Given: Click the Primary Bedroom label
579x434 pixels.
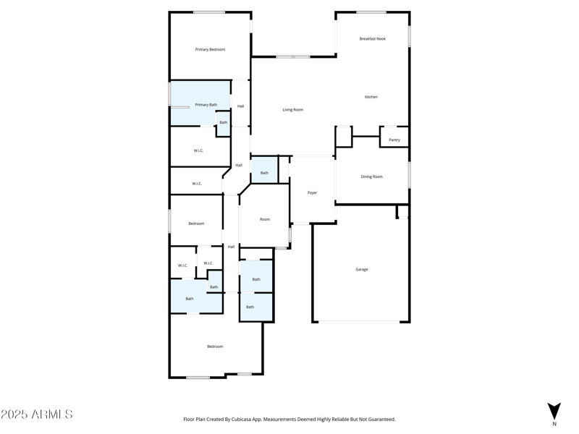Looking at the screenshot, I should (210, 50).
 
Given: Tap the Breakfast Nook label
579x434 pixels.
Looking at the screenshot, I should (372, 39).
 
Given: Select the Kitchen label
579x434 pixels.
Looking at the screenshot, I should (371, 97).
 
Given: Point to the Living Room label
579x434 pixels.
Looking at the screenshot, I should (292, 110).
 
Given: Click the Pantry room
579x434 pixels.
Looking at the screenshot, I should (394, 140).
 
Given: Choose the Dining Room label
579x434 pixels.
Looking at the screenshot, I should (371, 176).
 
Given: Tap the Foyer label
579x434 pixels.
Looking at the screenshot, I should (313, 193).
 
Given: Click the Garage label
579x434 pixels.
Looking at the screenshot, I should (361, 270).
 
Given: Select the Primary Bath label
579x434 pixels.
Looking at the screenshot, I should (206, 105).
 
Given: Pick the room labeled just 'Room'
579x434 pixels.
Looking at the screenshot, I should (265, 219).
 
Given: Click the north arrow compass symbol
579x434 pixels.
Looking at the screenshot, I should (554, 411).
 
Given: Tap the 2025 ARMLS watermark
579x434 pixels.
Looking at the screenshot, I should (37, 414).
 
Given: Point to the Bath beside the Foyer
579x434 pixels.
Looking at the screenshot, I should (264, 173).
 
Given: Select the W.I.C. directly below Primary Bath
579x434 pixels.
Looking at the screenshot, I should (198, 150).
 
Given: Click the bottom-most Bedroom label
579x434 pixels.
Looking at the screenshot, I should (215, 346).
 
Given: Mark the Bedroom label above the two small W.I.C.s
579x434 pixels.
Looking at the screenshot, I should (196, 224).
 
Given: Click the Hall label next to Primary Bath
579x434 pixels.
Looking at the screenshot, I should (240, 106).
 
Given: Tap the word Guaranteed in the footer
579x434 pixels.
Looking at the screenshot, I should (381, 420).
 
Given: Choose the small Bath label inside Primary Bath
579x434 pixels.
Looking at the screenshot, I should (224, 123).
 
